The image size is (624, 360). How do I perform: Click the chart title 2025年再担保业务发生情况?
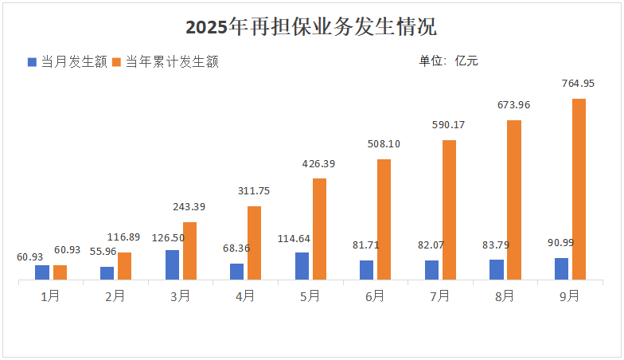click(311, 26)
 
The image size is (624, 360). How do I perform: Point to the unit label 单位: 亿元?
click(448, 61)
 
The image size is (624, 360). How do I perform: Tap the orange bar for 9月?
click(579, 189)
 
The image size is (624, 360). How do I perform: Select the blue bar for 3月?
click(172, 264)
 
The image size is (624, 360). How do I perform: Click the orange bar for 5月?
click(319, 229)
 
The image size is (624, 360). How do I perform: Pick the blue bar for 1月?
click(42, 272)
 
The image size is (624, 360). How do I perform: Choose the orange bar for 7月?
click(449, 209)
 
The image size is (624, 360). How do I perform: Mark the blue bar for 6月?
click(366, 270)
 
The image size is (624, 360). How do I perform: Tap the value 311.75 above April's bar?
click(254, 191)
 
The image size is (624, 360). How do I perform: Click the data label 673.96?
click(513, 105)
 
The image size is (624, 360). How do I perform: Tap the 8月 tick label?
click(505, 296)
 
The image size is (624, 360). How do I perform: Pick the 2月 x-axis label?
click(115, 296)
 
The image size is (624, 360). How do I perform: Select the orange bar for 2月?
click(124, 266)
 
